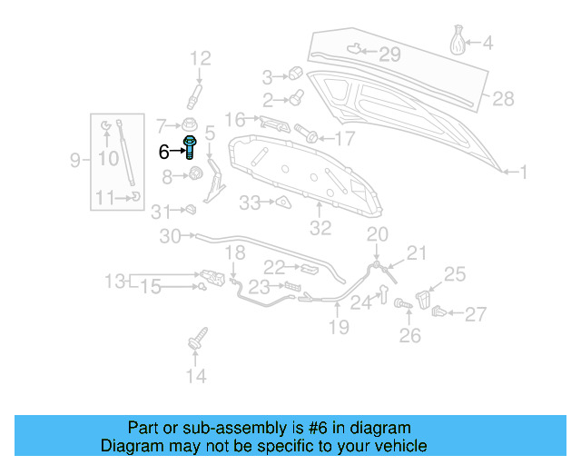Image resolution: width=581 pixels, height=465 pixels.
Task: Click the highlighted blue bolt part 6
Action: pos(192,146)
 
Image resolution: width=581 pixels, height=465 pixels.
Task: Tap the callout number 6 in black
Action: pos(163,152)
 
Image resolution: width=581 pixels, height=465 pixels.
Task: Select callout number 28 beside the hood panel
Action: pos(503,98)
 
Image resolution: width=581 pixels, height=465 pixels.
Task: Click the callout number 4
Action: pos(487,42)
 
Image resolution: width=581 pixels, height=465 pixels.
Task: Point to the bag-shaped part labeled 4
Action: pos(459,42)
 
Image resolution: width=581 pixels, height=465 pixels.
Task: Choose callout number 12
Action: pos(200,59)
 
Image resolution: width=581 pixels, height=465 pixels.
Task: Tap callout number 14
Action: pos(196,376)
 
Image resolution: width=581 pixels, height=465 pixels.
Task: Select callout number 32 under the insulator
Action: pos(320,228)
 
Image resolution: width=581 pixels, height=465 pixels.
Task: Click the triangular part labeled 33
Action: pos(282,202)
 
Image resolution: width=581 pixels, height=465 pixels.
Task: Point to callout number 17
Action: pos(345,139)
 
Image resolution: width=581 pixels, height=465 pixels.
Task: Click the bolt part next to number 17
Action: pos(310,137)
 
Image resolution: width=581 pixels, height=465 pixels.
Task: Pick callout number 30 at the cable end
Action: pos(171,237)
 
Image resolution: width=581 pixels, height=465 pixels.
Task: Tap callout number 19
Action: pos(338,326)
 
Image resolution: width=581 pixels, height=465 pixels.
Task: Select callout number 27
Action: pos(476,314)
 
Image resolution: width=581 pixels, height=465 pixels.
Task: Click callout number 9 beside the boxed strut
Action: pos(75,161)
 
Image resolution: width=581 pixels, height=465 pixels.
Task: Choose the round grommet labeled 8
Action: pos(192,175)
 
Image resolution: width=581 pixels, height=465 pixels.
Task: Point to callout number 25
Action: pos(454,273)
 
